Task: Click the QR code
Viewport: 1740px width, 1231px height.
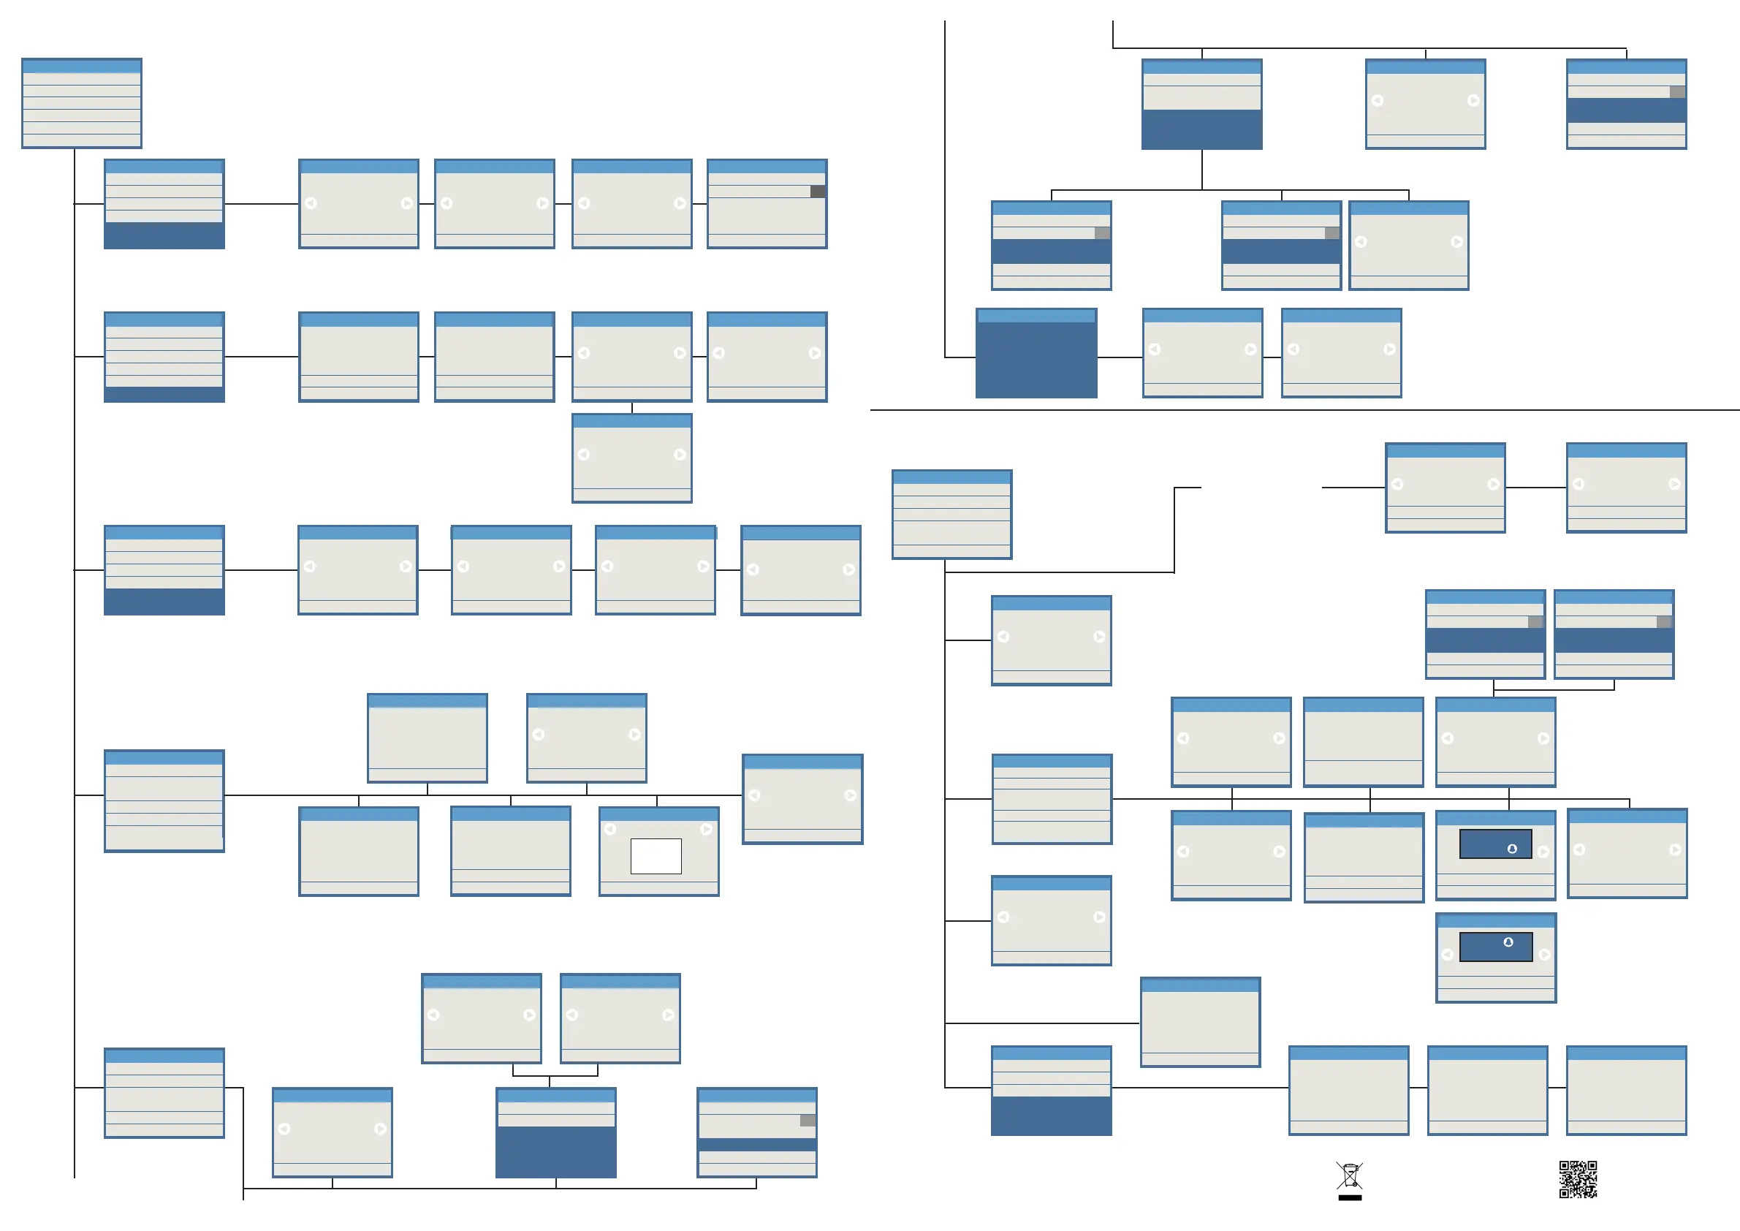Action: [x=1578, y=1178]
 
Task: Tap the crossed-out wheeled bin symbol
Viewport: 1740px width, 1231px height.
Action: [x=1350, y=1175]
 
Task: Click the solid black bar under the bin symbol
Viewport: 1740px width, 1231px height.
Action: [x=1350, y=1197]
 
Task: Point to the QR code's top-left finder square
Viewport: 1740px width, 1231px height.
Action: [x=1564, y=1166]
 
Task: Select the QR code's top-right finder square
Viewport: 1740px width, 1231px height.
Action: [x=1592, y=1166]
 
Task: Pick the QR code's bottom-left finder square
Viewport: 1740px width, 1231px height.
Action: [x=1564, y=1192]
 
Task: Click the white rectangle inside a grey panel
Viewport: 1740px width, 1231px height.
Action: [x=656, y=856]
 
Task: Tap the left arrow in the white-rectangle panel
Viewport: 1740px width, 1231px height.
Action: [x=610, y=829]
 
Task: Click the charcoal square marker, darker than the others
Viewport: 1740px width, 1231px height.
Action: [x=818, y=192]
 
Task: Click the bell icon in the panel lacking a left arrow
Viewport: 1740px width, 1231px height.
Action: [x=1512, y=849]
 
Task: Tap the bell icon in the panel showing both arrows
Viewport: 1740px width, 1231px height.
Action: [x=1508, y=942]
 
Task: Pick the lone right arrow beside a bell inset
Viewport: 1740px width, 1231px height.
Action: [x=1543, y=851]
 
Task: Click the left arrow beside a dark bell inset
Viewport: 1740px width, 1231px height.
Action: [x=1448, y=955]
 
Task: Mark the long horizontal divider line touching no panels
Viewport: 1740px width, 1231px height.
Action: [x=1304, y=410]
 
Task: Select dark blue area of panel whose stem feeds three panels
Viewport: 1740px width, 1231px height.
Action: [x=1202, y=129]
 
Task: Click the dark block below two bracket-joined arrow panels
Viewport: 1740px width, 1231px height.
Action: [x=555, y=1151]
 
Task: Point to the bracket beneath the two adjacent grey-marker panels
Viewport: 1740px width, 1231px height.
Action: [x=1554, y=690]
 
